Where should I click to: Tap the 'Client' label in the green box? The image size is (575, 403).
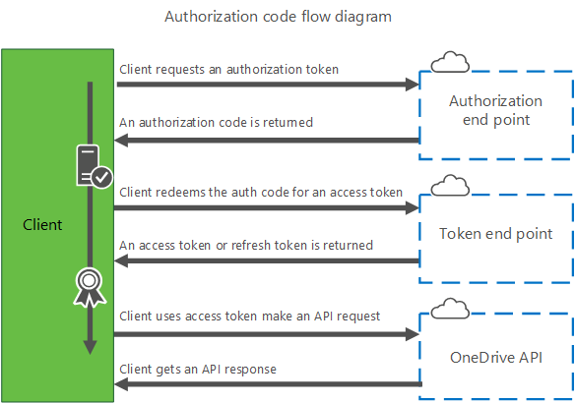[x=42, y=225]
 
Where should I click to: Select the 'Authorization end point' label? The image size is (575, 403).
[x=495, y=110]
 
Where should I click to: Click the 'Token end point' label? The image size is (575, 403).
[x=495, y=234]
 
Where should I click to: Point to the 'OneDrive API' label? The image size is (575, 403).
[x=495, y=357]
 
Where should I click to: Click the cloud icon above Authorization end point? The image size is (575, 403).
[x=450, y=63]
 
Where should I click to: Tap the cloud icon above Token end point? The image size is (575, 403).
[x=450, y=186]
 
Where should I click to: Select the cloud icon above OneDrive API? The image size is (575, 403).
[x=450, y=309]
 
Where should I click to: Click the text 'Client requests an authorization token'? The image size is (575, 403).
[x=229, y=69]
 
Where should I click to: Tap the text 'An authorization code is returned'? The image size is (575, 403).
[x=217, y=123]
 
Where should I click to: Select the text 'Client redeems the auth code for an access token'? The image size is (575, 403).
[x=261, y=192]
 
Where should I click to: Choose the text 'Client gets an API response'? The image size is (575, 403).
[x=198, y=370]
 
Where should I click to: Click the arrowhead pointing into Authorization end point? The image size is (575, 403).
[x=414, y=86]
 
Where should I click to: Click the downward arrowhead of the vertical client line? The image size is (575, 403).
[x=90, y=346]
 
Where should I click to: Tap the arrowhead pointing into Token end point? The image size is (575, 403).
[x=414, y=208]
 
